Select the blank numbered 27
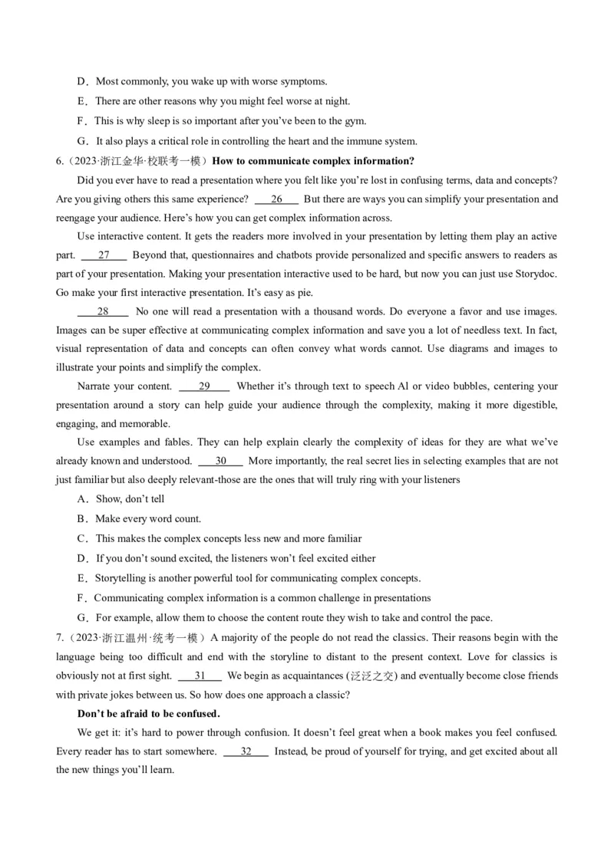[104, 255]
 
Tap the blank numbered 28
[103, 311]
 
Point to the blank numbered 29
[204, 386]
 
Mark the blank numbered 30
[220, 461]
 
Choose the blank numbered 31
[200, 676]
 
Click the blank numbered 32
[246, 751]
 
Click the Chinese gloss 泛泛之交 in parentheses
[372, 676]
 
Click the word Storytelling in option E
[120, 578]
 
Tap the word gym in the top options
[357, 121]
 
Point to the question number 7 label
[61, 638]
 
